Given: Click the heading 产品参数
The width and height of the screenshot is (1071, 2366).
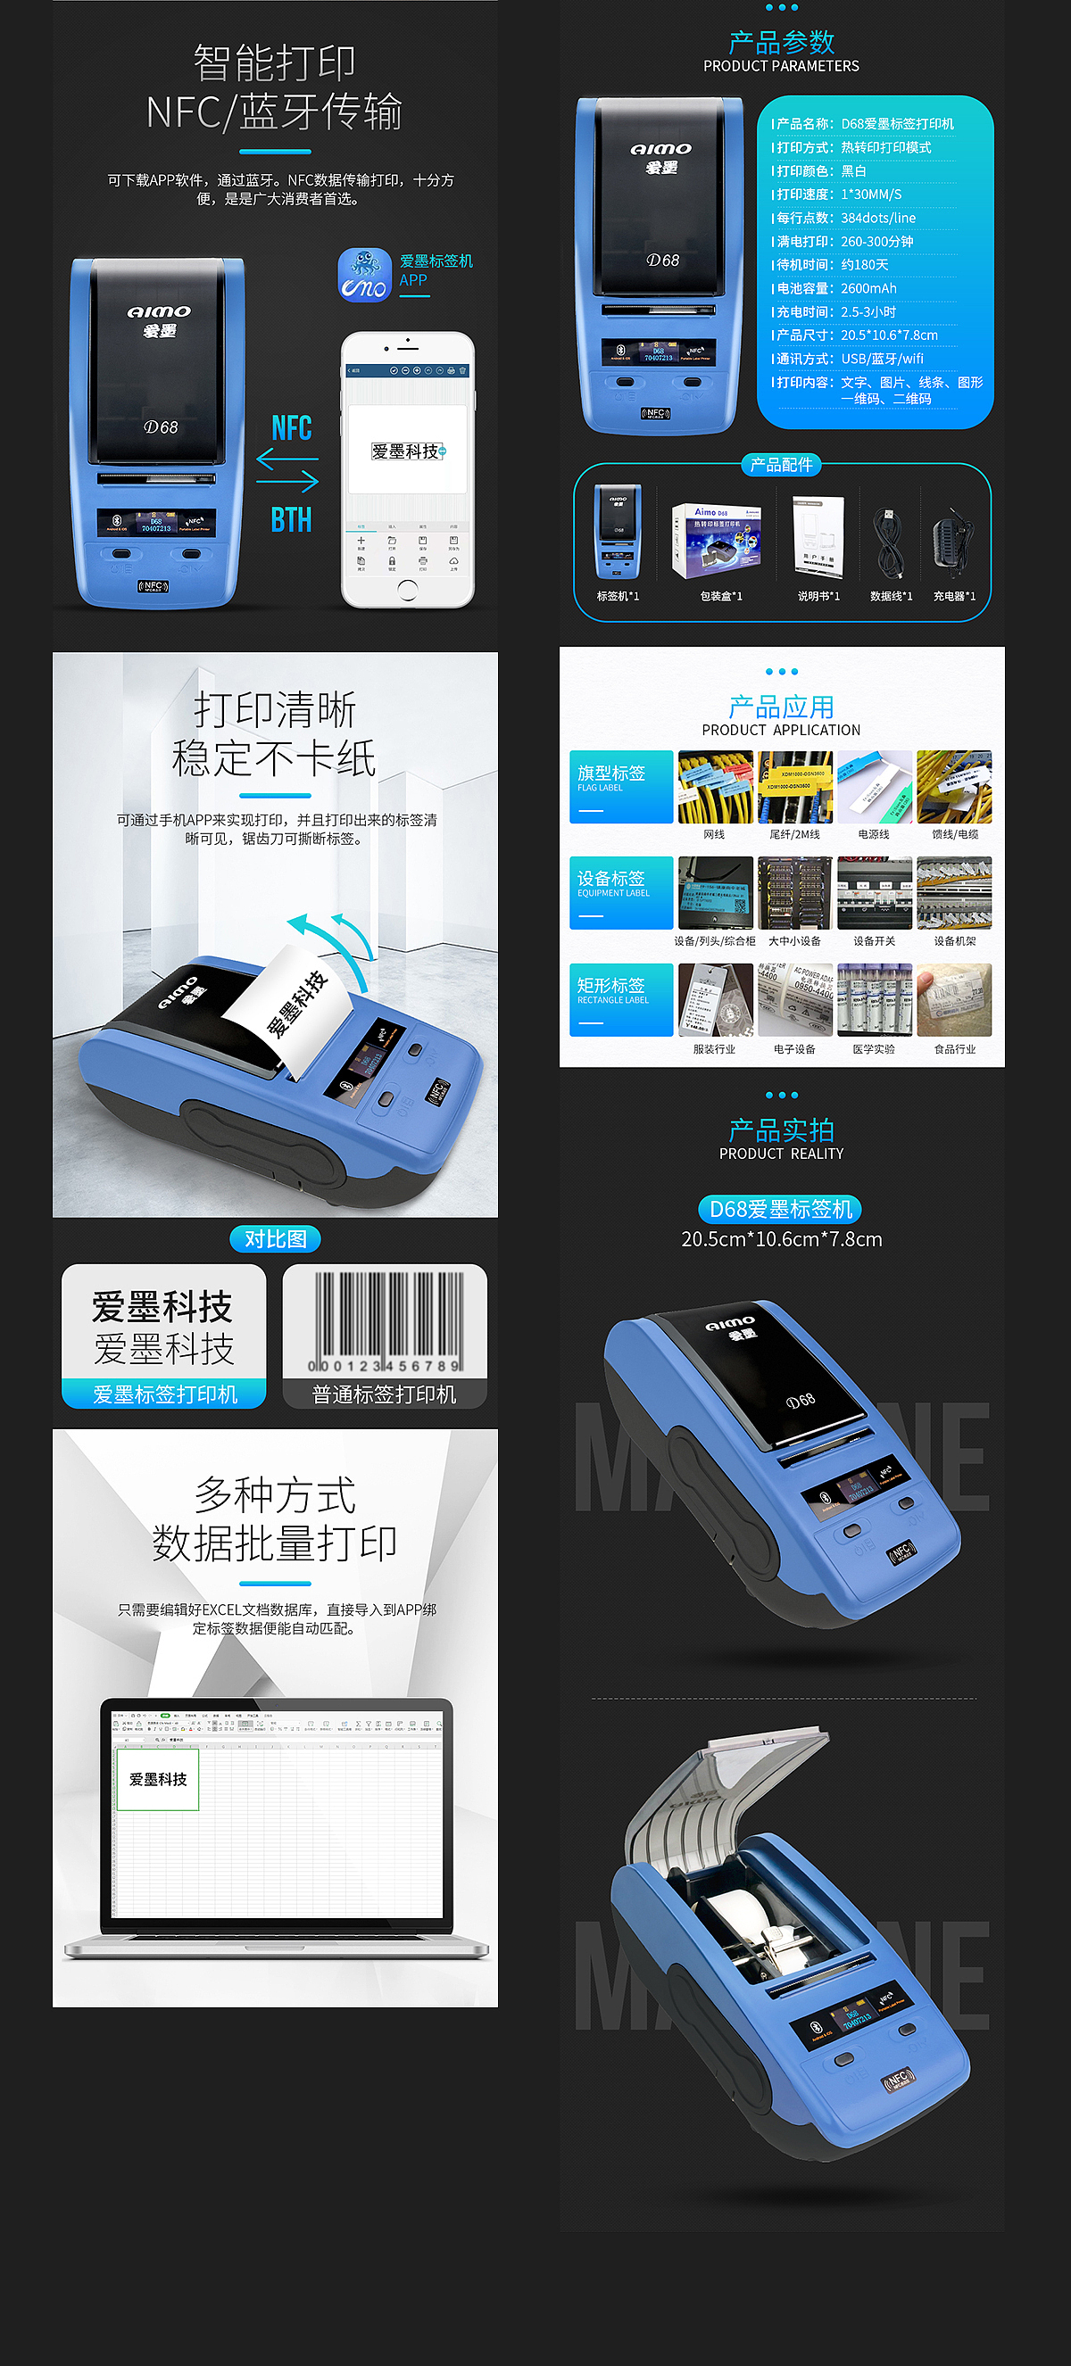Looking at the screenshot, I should pos(781,42).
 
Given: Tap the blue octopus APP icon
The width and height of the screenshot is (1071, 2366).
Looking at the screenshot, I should pos(365,275).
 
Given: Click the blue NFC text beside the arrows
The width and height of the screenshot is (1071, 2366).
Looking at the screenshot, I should pos(291,428).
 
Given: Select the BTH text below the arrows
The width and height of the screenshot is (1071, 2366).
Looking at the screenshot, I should pos(291,520).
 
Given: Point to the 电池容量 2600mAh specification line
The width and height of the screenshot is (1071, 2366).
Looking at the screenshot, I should pos(836,288).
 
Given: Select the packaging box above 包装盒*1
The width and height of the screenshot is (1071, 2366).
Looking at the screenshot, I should pos(717,539).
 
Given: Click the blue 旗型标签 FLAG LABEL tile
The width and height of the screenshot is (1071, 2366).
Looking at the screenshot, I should pos(621,786).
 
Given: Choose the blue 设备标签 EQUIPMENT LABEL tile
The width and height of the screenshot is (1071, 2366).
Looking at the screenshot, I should pos(621,893).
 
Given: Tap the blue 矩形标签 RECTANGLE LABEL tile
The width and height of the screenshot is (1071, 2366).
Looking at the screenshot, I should pos(621,999).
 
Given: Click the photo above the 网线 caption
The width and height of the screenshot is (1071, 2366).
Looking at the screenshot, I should pos(715,786).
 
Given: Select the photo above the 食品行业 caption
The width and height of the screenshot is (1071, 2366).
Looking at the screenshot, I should pos(954,999).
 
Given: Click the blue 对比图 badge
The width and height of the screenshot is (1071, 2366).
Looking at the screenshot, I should pos(275,1239).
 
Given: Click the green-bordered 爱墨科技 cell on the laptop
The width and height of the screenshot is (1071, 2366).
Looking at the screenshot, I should pos(158,1779).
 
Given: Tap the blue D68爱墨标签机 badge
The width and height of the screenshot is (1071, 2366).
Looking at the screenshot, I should pos(781,1209).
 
